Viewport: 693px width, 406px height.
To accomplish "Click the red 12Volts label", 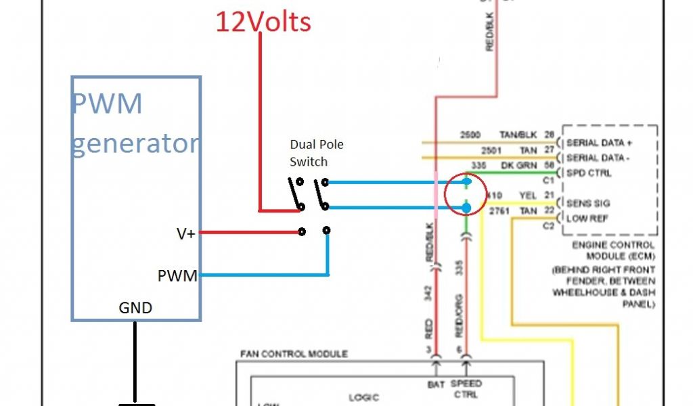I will click(x=263, y=22).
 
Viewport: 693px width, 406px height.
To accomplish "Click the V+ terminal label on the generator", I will click(x=185, y=233).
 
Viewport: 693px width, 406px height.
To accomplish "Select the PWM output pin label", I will click(x=177, y=275).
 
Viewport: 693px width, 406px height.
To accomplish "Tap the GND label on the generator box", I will click(x=135, y=309).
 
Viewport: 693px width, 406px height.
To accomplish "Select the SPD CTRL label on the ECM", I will click(x=589, y=173).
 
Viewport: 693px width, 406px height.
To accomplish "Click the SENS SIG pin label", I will click(x=588, y=203).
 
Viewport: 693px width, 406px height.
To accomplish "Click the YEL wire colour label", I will click(x=527, y=195).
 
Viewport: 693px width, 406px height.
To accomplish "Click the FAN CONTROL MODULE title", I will click(x=294, y=354).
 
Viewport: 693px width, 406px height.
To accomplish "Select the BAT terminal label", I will click(x=435, y=384).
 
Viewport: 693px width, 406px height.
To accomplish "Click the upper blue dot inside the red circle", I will click(x=467, y=182).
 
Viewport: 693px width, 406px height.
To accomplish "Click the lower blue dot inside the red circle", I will click(x=467, y=207).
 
